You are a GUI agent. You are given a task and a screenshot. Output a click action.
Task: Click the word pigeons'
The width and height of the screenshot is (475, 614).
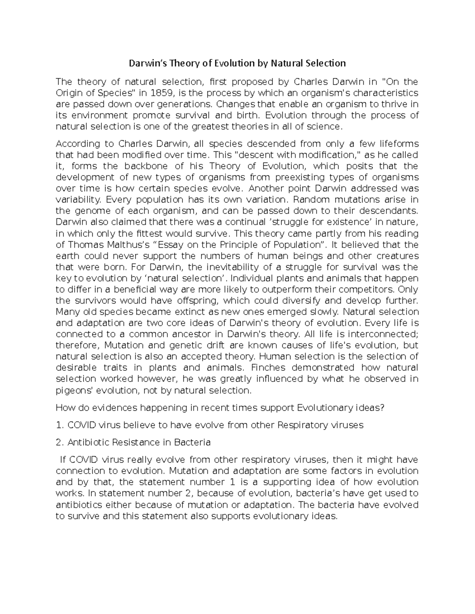coord(72,390)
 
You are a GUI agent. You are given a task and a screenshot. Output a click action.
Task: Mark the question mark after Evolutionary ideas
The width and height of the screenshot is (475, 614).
coord(382,408)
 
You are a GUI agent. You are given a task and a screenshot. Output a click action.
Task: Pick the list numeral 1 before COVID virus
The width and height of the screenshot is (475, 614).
coord(59,425)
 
